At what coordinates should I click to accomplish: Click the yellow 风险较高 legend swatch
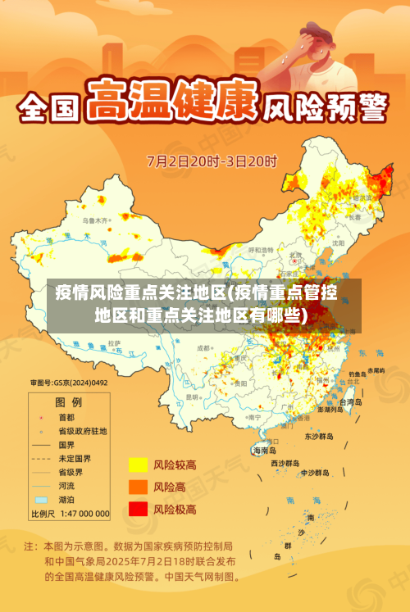point(138,465)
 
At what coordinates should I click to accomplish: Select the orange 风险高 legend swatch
point(138,487)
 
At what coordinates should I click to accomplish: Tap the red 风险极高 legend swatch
point(138,509)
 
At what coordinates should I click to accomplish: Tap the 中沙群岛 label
point(314,473)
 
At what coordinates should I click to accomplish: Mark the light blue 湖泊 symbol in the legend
point(41,499)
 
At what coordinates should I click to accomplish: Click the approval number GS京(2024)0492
point(70,382)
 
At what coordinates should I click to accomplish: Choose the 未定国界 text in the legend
point(75,458)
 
